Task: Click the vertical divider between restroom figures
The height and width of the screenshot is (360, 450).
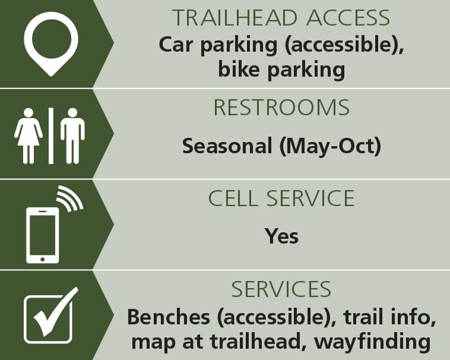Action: click(x=51, y=136)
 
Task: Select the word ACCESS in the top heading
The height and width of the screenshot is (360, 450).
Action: click(x=348, y=18)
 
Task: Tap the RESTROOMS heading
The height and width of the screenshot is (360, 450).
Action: click(x=281, y=108)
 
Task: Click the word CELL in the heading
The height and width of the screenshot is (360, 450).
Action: click(x=233, y=198)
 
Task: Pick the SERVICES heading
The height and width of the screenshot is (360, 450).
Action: click(x=281, y=289)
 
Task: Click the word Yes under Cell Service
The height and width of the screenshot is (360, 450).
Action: click(x=281, y=236)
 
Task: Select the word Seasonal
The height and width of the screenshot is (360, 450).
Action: click(x=227, y=146)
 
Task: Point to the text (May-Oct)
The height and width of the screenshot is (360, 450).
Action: click(x=330, y=146)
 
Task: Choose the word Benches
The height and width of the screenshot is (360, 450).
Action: click(x=169, y=317)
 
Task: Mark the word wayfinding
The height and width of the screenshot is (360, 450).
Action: click(x=372, y=342)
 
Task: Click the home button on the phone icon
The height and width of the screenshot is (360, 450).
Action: click(x=43, y=260)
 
